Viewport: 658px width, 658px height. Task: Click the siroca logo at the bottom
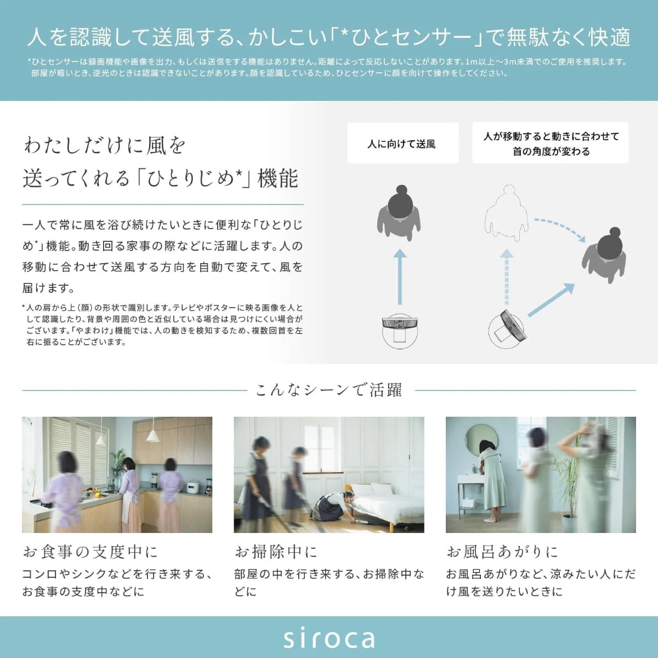coord(329,639)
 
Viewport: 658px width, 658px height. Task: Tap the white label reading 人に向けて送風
coord(403,143)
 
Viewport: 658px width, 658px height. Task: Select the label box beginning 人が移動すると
coord(550,143)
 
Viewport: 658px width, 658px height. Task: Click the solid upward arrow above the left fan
coord(400,276)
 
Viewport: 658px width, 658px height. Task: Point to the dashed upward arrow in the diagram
coord(507,276)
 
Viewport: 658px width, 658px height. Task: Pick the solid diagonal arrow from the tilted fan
coord(551,300)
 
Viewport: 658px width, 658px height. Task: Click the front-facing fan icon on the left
coord(400,331)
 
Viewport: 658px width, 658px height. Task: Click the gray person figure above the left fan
coord(399,213)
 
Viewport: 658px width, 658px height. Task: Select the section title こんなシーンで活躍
coord(329,390)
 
